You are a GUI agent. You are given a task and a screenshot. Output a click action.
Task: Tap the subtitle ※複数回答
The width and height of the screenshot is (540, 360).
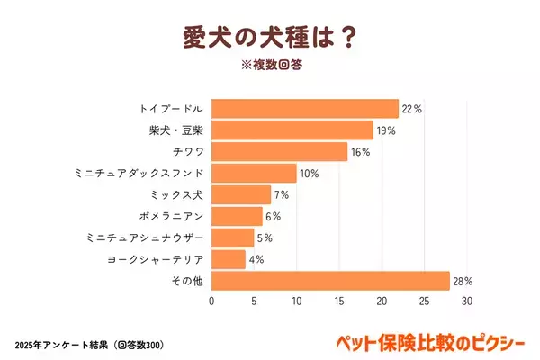tap(270, 66)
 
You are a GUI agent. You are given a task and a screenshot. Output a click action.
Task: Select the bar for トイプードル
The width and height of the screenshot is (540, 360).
tap(305, 109)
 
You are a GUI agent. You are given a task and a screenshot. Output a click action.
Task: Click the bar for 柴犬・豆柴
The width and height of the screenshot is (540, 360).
tap(292, 130)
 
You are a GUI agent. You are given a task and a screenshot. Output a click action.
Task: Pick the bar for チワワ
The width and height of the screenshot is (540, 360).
tap(280, 152)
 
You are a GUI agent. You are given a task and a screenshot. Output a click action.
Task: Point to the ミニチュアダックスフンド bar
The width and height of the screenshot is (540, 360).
tap(254, 173)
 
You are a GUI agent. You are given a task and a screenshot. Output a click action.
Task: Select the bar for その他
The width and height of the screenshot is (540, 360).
tap(330, 282)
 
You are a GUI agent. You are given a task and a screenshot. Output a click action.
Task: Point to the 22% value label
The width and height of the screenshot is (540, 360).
tap(412, 109)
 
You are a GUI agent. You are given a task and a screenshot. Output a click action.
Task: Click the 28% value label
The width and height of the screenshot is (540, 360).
tap(463, 282)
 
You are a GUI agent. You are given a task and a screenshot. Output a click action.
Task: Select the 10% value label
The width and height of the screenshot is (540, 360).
tap(310, 174)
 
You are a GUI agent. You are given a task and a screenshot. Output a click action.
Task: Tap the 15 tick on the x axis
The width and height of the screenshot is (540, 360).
tap(339, 302)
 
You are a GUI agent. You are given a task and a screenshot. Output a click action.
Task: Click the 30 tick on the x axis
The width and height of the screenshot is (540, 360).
tap(466, 302)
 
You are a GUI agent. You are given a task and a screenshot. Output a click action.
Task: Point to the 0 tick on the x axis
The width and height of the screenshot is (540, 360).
tap(211, 302)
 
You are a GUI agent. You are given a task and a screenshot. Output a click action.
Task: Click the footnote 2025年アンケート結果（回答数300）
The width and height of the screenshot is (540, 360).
tap(90, 344)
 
